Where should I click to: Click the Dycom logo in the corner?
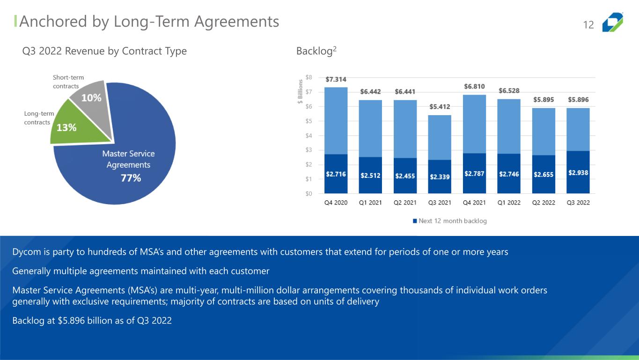tap(613, 22)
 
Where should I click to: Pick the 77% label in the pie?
tap(131, 178)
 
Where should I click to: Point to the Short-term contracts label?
tap(66, 82)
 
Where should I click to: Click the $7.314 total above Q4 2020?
tap(336, 80)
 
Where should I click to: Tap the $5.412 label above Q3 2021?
tap(440, 107)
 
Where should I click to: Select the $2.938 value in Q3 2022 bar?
tap(578, 173)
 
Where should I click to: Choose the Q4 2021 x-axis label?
tap(474, 203)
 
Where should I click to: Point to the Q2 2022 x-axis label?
tap(544, 203)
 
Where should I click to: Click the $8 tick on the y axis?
tap(308, 77)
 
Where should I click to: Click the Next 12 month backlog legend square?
tap(414, 221)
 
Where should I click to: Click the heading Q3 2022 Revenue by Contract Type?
tap(104, 51)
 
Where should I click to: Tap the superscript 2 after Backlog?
tap(335, 48)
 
